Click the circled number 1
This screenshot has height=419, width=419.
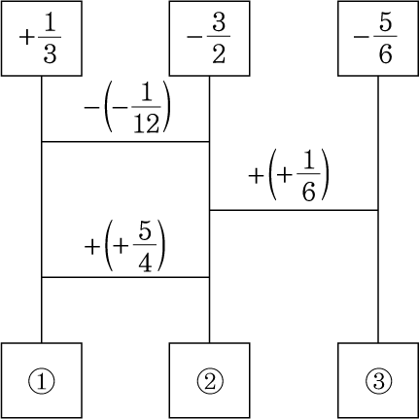point(42,381)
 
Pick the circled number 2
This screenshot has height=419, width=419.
point(210,381)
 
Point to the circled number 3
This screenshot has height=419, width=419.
point(378,381)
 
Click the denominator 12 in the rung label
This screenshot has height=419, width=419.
point(147,123)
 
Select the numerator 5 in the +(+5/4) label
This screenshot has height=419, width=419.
point(145,230)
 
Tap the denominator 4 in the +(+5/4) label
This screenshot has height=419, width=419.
point(145,262)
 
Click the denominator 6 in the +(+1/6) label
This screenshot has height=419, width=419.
point(308,192)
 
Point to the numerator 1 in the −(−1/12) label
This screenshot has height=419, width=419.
point(147,93)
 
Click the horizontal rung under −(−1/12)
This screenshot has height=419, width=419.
point(125,142)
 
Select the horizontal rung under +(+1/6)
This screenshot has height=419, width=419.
point(294,210)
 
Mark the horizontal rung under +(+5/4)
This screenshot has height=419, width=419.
point(125,277)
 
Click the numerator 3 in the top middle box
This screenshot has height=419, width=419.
point(219,22)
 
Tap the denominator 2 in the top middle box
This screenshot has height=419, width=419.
point(219,53)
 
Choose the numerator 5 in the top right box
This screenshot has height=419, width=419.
point(386,22)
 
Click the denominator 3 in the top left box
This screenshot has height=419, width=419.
point(50,53)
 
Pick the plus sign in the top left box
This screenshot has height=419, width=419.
point(26,38)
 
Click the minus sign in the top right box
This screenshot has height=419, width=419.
point(361,37)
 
